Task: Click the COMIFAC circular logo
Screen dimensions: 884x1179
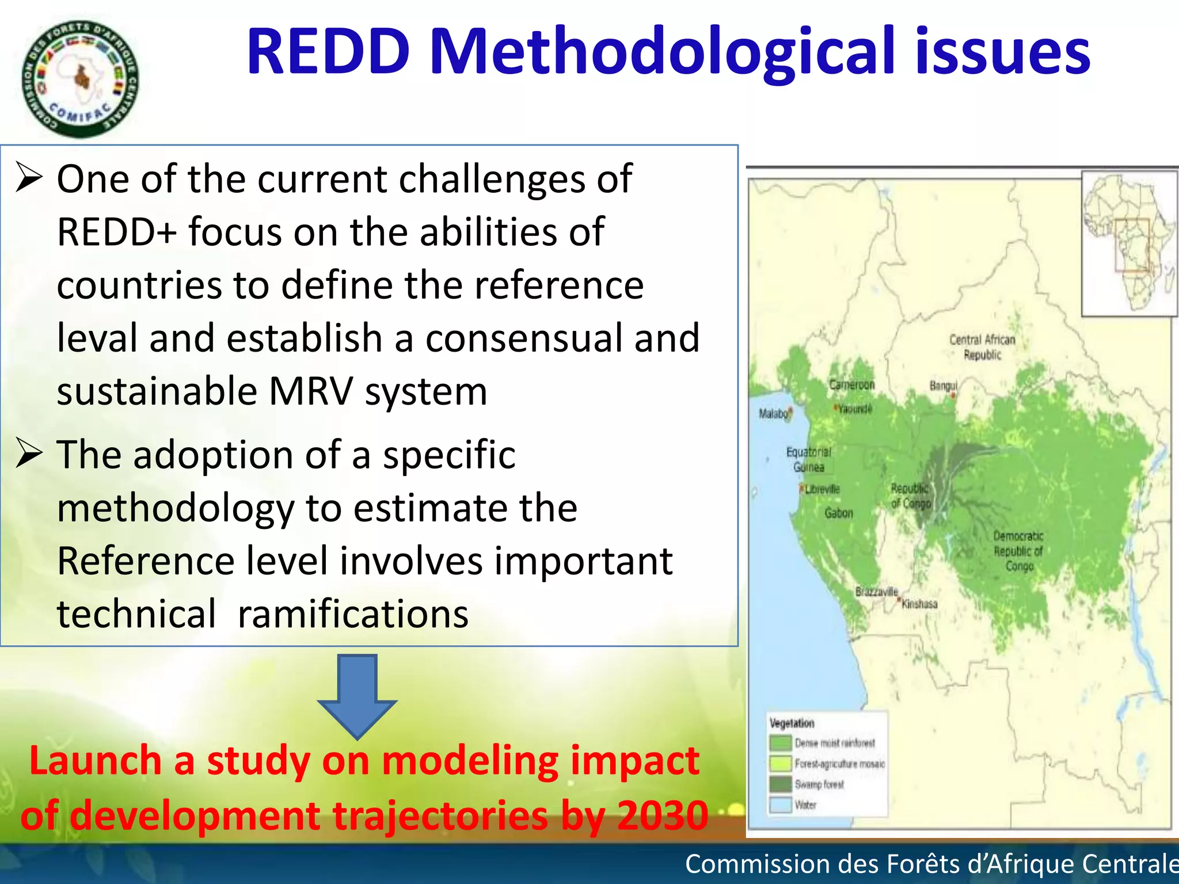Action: (x=81, y=79)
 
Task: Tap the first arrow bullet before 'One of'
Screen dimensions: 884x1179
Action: (x=29, y=178)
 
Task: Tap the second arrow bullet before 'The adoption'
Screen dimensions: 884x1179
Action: (x=29, y=454)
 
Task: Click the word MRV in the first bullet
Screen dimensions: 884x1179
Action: (x=311, y=391)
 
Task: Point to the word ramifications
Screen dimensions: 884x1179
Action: (x=353, y=614)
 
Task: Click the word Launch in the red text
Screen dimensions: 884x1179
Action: (x=95, y=761)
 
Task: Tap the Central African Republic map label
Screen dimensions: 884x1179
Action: (x=982, y=347)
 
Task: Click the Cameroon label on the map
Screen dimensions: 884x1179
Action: (x=851, y=384)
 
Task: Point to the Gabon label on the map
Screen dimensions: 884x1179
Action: (x=838, y=513)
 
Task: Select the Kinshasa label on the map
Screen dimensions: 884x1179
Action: (x=919, y=604)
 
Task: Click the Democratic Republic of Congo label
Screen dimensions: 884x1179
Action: (x=1018, y=551)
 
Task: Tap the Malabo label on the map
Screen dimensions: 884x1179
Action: (x=773, y=413)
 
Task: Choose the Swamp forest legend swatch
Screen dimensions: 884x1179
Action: (x=781, y=784)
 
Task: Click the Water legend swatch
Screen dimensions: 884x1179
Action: (x=781, y=805)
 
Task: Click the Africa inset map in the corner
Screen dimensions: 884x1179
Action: (x=1128, y=243)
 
